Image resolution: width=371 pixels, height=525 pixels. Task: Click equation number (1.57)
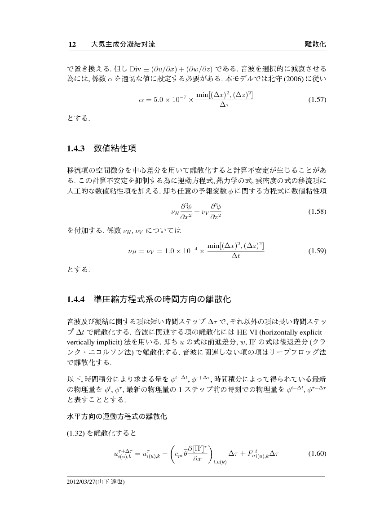pos(316,100)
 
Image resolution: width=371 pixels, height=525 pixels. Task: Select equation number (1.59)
pos(316,251)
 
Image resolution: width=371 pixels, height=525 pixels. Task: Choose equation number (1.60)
pos(316,453)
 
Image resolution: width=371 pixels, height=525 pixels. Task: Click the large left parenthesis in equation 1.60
pos(175,453)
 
